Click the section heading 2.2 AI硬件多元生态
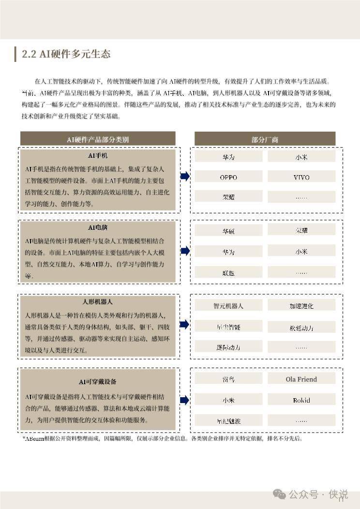pyautogui.click(x=66, y=54)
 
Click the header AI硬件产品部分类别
pyautogui.click(x=98, y=139)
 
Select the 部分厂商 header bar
pyautogui.click(x=265, y=139)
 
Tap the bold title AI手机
pyautogui.click(x=98, y=156)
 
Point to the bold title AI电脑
pyautogui.click(x=98, y=227)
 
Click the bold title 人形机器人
pyautogui.click(x=98, y=302)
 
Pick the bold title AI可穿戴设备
pyautogui.click(x=98, y=381)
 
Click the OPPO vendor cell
pyautogui.click(x=228, y=177)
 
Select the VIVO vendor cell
pyautogui.click(x=301, y=177)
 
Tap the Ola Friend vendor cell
pyautogui.click(x=301, y=379)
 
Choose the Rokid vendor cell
pyautogui.click(x=301, y=400)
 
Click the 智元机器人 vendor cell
pyautogui.click(x=228, y=306)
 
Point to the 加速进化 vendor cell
pyautogui.click(x=301, y=306)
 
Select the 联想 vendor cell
pyautogui.click(x=228, y=272)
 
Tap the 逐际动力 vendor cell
pyautogui.click(x=228, y=347)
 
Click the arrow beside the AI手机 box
pyautogui.click(x=185, y=177)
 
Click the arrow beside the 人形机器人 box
pyautogui.click(x=185, y=324)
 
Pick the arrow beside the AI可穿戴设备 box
pyautogui.click(x=185, y=400)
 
